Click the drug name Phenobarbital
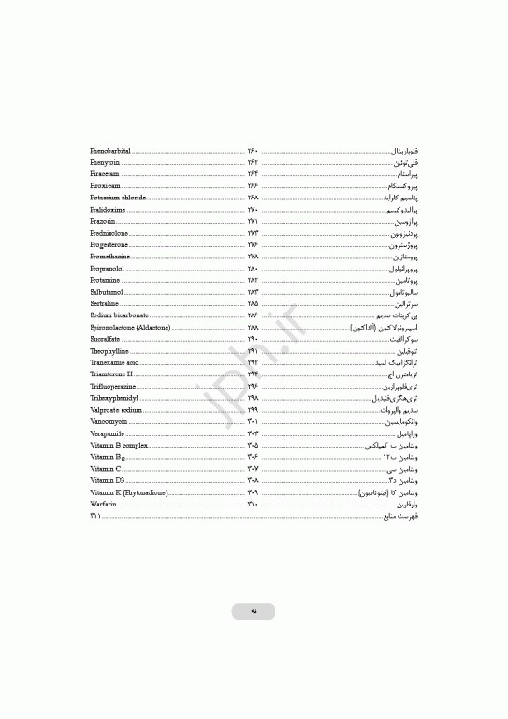[x=110, y=150]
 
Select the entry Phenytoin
[x=106, y=162]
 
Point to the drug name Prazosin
[x=103, y=221]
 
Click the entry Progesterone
[x=110, y=244]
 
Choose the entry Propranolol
[x=109, y=268]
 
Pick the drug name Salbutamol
[x=107, y=292]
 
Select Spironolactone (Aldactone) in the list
[x=130, y=328]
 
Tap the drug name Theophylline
[x=109, y=351]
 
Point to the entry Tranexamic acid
[x=114, y=362]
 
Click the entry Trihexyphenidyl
[x=113, y=398]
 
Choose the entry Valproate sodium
[x=116, y=410]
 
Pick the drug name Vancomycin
[x=109, y=421]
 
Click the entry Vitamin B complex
[x=119, y=445]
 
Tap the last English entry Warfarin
[x=103, y=504]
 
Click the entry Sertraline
[x=105, y=303]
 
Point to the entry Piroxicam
[x=105, y=185]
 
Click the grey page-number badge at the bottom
[x=254, y=611]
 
